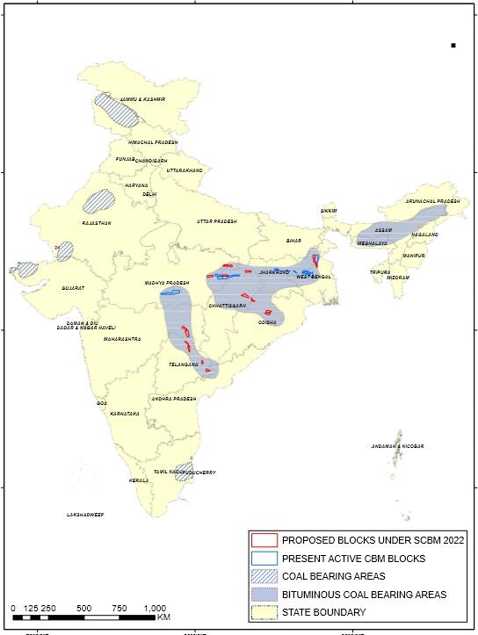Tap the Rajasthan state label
[97, 223]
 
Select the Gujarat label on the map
[75, 287]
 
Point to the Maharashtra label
[122, 338]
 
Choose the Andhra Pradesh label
[172, 399]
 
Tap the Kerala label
[139, 480]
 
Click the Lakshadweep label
[85, 514]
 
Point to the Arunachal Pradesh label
[432, 201]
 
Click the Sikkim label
[329, 211]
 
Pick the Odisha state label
[268, 322]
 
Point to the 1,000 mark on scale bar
[155, 608]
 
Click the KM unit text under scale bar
[164, 617]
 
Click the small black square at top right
[453, 45]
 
